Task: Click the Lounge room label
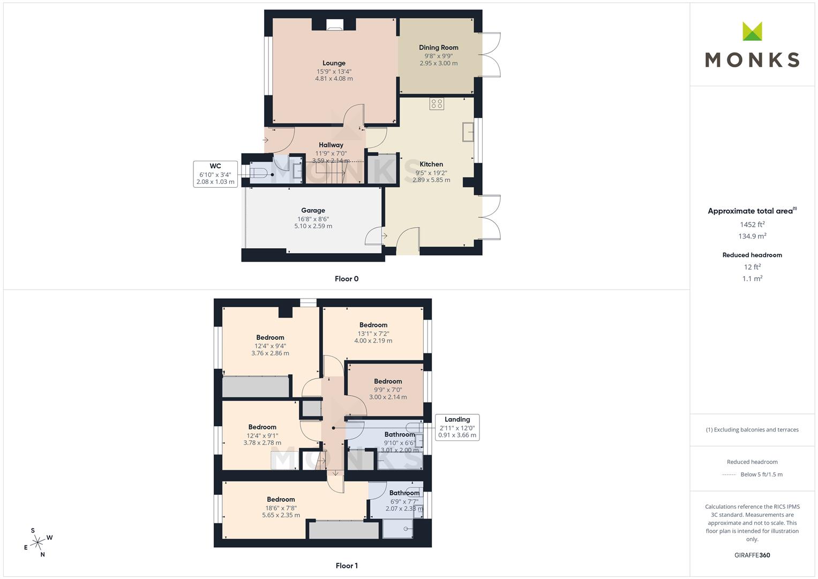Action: pos(334,63)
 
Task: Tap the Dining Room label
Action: pos(438,48)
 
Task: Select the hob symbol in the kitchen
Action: pos(437,103)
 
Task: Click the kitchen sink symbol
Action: pos(468,131)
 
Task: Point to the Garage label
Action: pos(313,210)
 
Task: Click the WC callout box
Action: pos(215,174)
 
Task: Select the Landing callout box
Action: pos(457,427)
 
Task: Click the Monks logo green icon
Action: pos(752,31)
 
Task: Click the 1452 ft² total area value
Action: pos(752,225)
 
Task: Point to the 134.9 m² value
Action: pos(752,236)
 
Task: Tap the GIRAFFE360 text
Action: pos(752,555)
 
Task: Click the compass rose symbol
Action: pos(37,543)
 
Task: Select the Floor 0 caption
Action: pos(347,279)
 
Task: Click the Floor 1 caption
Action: pos(347,566)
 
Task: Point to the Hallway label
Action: pos(331,145)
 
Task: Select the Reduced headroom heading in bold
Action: pos(752,255)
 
